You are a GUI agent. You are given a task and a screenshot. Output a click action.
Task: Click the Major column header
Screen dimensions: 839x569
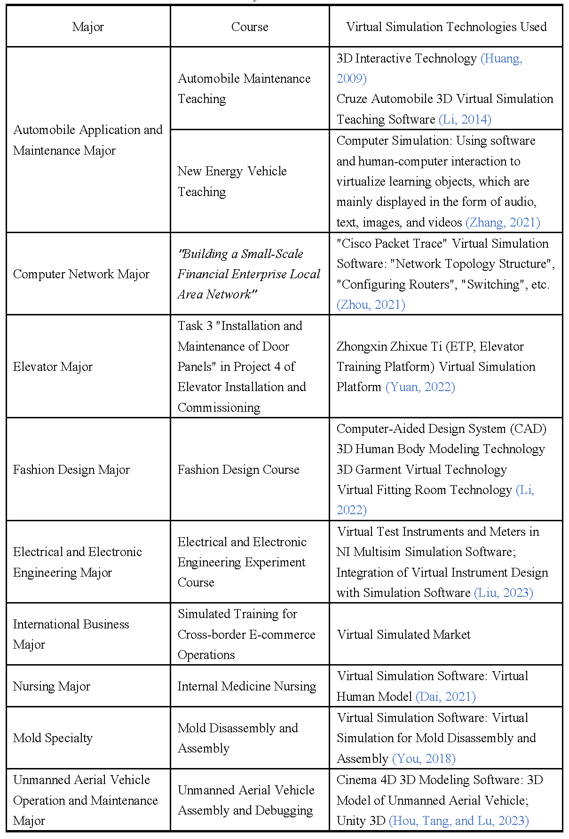coord(88,27)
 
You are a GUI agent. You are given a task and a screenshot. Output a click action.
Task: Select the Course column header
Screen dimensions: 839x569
coord(250,27)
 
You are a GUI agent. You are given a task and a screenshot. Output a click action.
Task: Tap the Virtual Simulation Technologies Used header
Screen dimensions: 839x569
coord(446,27)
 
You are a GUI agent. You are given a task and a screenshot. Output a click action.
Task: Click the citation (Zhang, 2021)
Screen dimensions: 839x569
coord(503,222)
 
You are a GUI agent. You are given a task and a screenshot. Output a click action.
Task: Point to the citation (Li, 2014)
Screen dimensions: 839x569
coord(465,119)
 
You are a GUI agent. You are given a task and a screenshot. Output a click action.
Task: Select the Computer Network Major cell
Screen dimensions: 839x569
coord(81,274)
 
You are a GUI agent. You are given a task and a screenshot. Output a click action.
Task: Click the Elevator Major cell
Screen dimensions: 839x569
coord(53,367)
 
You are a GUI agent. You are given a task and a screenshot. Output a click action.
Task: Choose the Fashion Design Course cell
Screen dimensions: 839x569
coord(238,470)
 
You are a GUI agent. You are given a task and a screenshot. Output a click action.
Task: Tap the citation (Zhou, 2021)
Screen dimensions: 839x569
coord(371,305)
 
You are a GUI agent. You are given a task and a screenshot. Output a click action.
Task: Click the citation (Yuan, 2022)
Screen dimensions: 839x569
coord(420,387)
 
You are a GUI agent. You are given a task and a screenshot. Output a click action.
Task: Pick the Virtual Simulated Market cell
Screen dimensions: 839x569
coord(403,635)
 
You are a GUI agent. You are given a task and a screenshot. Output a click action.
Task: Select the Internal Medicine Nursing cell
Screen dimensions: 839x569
coord(246,686)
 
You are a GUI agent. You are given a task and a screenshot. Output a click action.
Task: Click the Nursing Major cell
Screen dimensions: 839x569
coord(52,686)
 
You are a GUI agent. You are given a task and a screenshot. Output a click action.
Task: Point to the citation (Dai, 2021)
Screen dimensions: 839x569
coord(446,697)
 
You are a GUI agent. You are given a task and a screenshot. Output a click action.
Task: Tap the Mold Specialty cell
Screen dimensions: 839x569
coord(53,738)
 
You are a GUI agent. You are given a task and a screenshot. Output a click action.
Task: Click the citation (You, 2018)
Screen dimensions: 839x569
coord(424,759)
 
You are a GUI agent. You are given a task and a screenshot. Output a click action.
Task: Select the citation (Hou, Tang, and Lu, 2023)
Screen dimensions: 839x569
coord(458,821)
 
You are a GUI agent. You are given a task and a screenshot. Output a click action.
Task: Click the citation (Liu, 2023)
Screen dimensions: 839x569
coord(504,593)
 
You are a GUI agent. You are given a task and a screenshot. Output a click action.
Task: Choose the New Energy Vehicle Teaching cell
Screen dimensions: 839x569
coord(232,181)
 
